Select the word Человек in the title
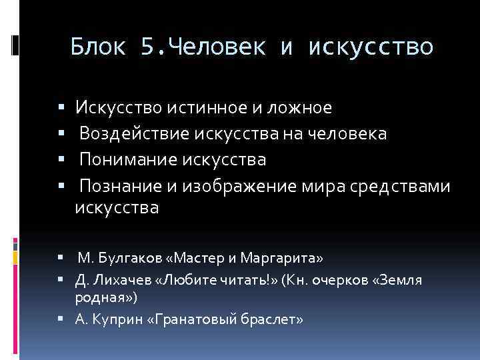(x=219, y=47)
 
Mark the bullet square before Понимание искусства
(x=61, y=160)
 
